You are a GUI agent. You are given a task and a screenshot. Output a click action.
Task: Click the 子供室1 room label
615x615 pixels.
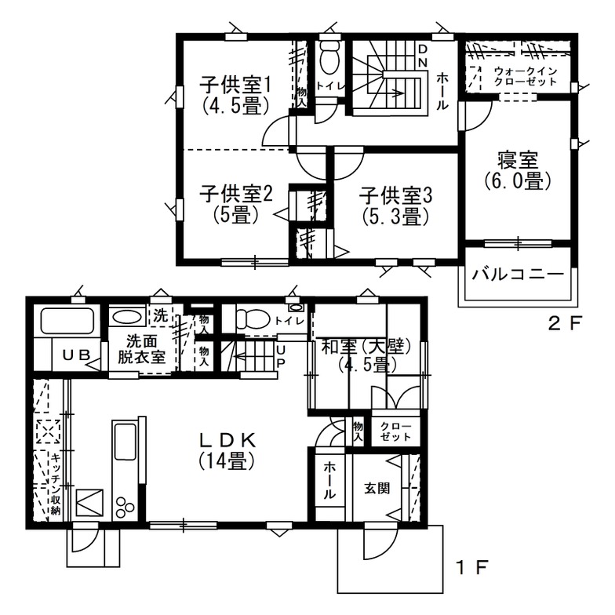(x=235, y=93)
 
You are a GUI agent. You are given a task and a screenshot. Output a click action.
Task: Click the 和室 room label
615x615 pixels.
(x=362, y=355)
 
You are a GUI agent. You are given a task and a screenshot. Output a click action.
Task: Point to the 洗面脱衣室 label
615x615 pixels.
(x=142, y=350)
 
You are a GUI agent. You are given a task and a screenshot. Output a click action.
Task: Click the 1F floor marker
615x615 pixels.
(x=472, y=565)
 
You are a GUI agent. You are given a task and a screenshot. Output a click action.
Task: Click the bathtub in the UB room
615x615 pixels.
(x=67, y=322)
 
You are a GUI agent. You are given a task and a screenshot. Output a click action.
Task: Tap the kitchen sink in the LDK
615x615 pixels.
(x=126, y=442)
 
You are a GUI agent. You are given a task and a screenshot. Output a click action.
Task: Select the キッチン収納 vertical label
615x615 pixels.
(x=56, y=484)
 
